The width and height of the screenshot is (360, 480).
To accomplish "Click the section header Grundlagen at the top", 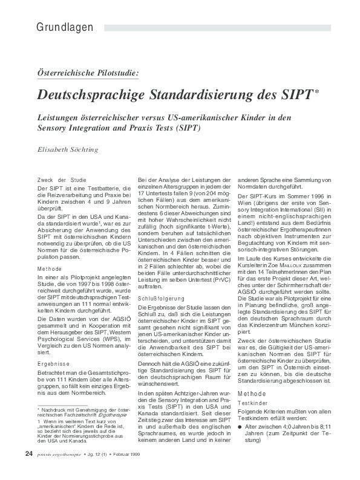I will coord(64,28).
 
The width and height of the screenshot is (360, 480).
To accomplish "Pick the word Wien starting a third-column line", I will coord(244,204).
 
